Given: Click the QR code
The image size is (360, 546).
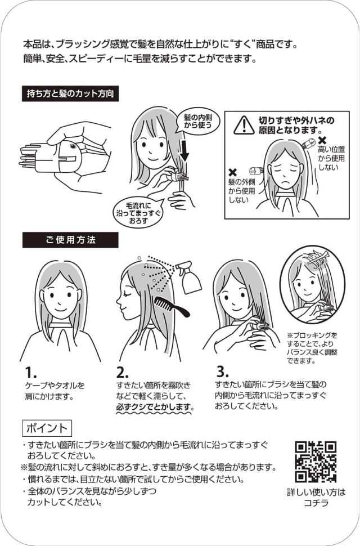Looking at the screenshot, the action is pyautogui.click(x=316, y=462).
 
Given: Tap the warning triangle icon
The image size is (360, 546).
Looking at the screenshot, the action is pyautogui.click(x=244, y=126).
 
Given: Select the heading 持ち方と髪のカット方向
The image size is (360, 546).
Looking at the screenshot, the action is pyautogui.click(x=70, y=93).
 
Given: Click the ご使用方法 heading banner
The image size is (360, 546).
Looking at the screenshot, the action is pyautogui.click(x=70, y=240).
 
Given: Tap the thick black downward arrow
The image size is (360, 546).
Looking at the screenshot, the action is pyautogui.click(x=184, y=151).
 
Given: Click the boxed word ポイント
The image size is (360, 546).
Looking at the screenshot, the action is pyautogui.click(x=47, y=428).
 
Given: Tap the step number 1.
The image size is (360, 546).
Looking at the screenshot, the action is pyautogui.click(x=30, y=373).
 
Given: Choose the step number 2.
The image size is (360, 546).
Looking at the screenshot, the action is pyautogui.click(x=122, y=373).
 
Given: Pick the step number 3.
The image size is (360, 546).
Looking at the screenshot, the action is pyautogui.click(x=222, y=372).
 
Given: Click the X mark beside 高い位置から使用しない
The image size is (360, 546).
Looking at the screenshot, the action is pyautogui.click(x=322, y=140).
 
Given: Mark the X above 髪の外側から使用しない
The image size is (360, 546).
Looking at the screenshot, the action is pyautogui.click(x=232, y=172).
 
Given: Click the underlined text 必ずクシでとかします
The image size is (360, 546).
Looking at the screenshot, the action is pyautogui.click(x=155, y=407).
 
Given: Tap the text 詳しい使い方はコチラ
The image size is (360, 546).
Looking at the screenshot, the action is pyautogui.click(x=316, y=498).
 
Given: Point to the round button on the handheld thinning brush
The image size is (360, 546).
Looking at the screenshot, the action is pyautogui.click(x=73, y=146).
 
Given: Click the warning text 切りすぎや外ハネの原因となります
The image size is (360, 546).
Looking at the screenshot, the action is pyautogui.click(x=296, y=126).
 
